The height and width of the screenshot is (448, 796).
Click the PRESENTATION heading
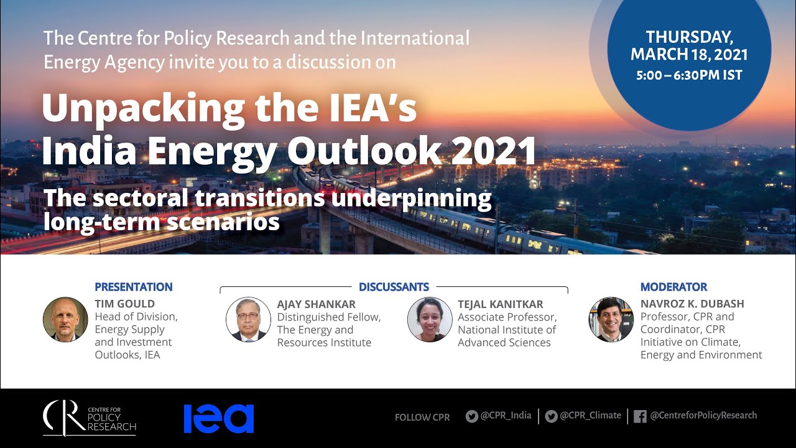133,287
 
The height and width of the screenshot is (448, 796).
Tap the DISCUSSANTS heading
394,287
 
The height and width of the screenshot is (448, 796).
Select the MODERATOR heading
673,287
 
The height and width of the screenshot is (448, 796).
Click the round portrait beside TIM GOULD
65,319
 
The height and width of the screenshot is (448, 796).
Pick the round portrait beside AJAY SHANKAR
248,319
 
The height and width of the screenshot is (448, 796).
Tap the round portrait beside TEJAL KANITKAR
430,319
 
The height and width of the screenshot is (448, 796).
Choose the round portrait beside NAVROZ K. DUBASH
611,319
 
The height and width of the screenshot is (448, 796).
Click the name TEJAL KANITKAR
500,304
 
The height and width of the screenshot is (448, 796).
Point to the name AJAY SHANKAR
316,304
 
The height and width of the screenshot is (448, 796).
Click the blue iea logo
218,418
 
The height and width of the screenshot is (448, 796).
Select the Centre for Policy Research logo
89,418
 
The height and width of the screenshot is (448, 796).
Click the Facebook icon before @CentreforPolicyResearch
640,416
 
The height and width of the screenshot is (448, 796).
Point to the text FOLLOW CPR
422,418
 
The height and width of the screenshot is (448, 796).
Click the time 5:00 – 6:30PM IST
689,76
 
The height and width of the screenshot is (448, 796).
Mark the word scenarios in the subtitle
226,221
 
